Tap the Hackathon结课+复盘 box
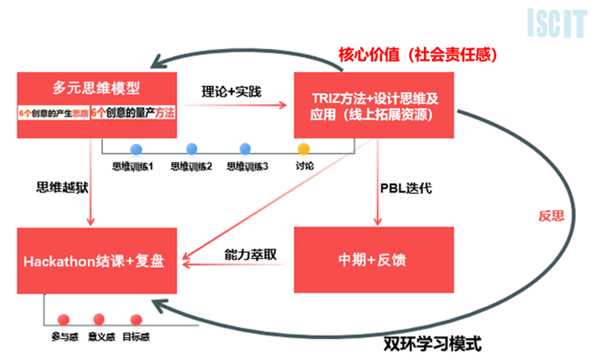click(97, 259)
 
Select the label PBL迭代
click(405, 187)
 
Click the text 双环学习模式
click(433, 342)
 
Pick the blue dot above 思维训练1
click(136, 148)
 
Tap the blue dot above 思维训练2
click(191, 148)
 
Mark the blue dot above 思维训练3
click(247, 148)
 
